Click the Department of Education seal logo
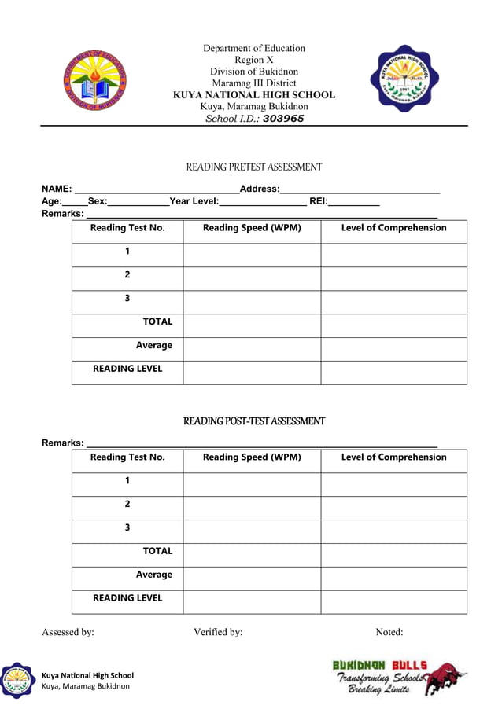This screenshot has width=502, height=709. point(94,82)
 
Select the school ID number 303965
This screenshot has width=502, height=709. point(283,119)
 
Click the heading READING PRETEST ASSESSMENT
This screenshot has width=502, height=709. point(253,167)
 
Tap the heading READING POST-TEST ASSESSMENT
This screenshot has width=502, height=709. point(253,421)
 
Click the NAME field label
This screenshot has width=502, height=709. point(57,189)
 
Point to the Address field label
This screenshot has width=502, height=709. point(259,189)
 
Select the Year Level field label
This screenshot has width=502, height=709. point(194,202)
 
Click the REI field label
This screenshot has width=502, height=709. point(318,202)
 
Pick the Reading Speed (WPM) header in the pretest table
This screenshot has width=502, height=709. point(252,228)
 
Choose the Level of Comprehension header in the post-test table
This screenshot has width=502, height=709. point(393,457)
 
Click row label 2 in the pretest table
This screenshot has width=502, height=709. point(127,275)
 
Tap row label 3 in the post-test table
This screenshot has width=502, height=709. point(127,527)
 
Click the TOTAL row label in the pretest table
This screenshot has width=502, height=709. point(157,321)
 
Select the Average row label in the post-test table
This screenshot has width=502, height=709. point(153,575)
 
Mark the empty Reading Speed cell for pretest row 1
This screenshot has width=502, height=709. point(252,255)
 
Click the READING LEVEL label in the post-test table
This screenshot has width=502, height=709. point(127,598)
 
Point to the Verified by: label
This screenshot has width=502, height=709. point(218,632)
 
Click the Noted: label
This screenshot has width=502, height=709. point(389,632)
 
